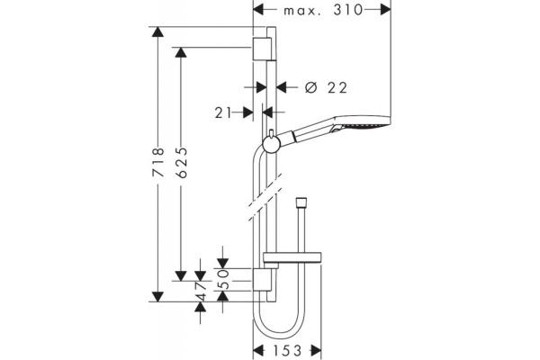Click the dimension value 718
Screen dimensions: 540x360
click(158, 163)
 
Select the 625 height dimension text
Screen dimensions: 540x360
click(181, 163)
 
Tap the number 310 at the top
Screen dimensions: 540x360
click(347, 10)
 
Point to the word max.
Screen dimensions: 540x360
click(302, 11)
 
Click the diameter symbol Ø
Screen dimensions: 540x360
click(310, 87)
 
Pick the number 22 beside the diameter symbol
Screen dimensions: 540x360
click(337, 88)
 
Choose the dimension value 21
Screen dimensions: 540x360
click(223, 112)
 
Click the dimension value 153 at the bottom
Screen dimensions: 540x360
click(287, 351)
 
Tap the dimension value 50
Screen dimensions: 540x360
click(223, 279)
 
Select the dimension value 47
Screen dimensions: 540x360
click(201, 291)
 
